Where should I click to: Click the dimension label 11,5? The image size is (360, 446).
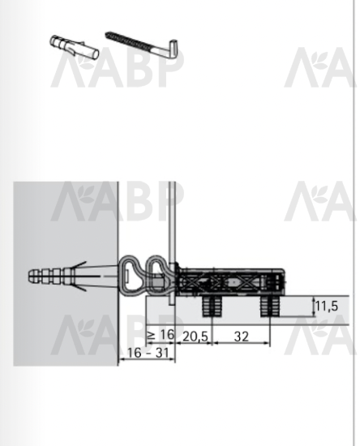point(327,306)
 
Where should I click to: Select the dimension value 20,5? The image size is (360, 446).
point(195,337)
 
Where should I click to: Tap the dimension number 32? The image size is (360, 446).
point(241,337)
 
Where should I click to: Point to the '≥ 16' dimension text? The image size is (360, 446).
point(161,335)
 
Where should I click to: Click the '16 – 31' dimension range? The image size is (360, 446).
point(148,353)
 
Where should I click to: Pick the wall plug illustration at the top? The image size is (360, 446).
point(75,47)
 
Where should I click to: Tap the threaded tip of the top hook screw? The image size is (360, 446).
point(109,35)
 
